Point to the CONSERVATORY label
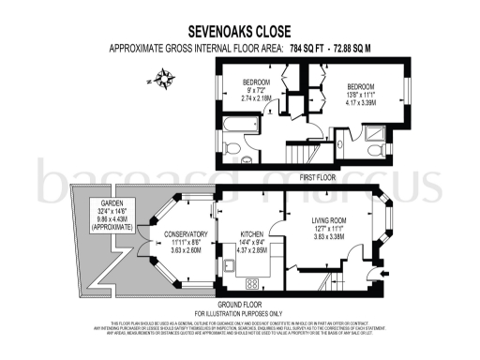point(184,234)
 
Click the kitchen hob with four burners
point(252,283)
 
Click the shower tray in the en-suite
point(375,151)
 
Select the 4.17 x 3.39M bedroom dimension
point(360,103)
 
